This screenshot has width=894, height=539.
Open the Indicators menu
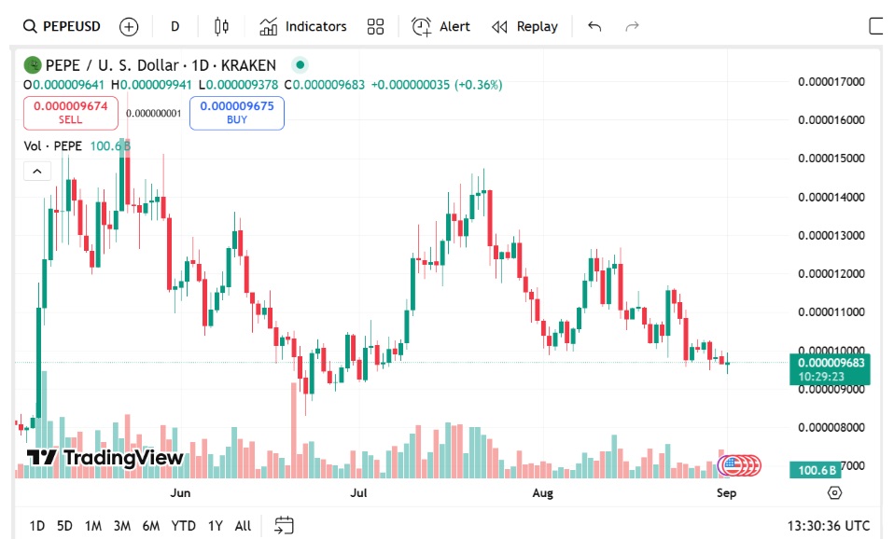pyautogui.click(x=303, y=26)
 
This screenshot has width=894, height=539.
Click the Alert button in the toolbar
pyautogui.click(x=441, y=26)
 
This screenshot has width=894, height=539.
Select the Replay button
pyautogui.click(x=524, y=26)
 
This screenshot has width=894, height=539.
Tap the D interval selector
pyautogui.click(x=175, y=26)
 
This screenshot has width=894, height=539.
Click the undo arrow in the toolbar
pyautogui.click(x=594, y=26)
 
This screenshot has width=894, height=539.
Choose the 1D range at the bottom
pyautogui.click(x=37, y=526)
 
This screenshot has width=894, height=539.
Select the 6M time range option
pyautogui.click(x=150, y=526)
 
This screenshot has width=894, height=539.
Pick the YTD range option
pyautogui.click(x=184, y=526)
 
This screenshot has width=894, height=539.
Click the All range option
pyautogui.click(x=243, y=526)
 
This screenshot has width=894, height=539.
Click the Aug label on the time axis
pyautogui.click(x=542, y=492)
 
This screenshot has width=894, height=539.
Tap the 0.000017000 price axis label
pyautogui.click(x=831, y=81)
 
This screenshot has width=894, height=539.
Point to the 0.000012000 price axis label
pyautogui.click(x=831, y=273)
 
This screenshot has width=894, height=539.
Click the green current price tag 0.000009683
pyautogui.click(x=830, y=363)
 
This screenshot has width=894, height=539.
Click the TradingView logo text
pyautogui.click(x=105, y=458)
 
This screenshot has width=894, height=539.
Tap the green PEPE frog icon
pyautogui.click(x=33, y=65)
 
